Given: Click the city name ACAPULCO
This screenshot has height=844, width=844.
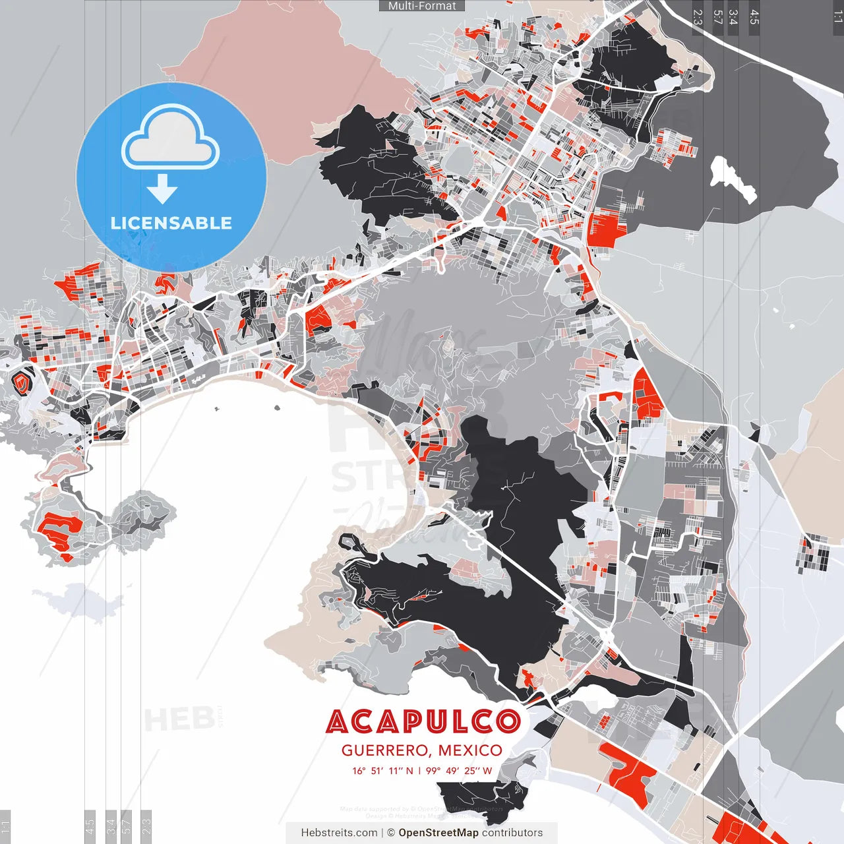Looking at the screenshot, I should coord(423,722).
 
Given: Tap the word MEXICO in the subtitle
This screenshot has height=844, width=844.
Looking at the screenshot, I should coord(470,750).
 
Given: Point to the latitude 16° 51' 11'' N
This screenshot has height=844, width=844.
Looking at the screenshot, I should coord(382,771).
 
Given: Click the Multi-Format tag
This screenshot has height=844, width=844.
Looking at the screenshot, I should coord(422,6).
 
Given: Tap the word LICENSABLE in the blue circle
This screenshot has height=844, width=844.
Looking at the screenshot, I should coord(171,223).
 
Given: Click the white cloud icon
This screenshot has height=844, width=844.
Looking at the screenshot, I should coord(171,138).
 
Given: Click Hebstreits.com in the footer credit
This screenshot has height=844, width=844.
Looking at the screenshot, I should coord(339,833).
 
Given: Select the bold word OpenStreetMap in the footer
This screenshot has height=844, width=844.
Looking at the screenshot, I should coord(438,833).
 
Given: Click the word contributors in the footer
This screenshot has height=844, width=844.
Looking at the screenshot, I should coord(512,833).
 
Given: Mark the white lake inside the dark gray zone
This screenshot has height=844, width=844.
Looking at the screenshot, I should coord(732,178).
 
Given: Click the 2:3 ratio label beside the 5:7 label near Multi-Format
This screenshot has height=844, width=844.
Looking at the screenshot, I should coord(698,17).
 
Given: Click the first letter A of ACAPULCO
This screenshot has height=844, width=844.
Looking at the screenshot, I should coord(337,722).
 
